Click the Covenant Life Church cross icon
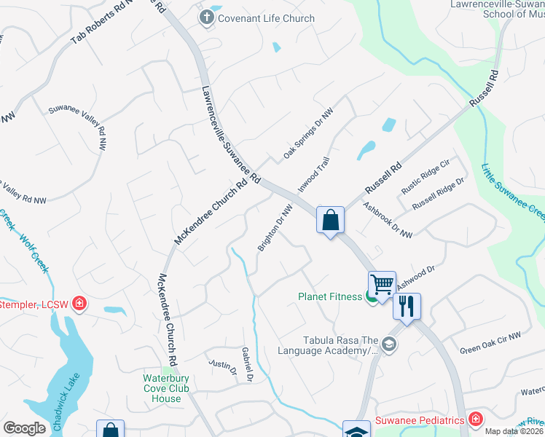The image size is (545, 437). pyautogui.click(x=207, y=18)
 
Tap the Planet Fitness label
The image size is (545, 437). pyautogui.click(x=330, y=296)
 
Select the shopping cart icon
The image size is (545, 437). pyautogui.click(x=382, y=283)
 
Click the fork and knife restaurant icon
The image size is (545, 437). pyautogui.click(x=407, y=305)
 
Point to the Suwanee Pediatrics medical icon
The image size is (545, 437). pyautogui.click(x=476, y=420)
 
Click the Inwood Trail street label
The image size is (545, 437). pyautogui.click(x=315, y=175)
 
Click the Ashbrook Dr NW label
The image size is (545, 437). pyautogui.click(x=388, y=220)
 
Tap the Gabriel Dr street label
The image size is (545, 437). pyautogui.click(x=247, y=364)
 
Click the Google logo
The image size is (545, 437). pyautogui.click(x=25, y=428)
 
